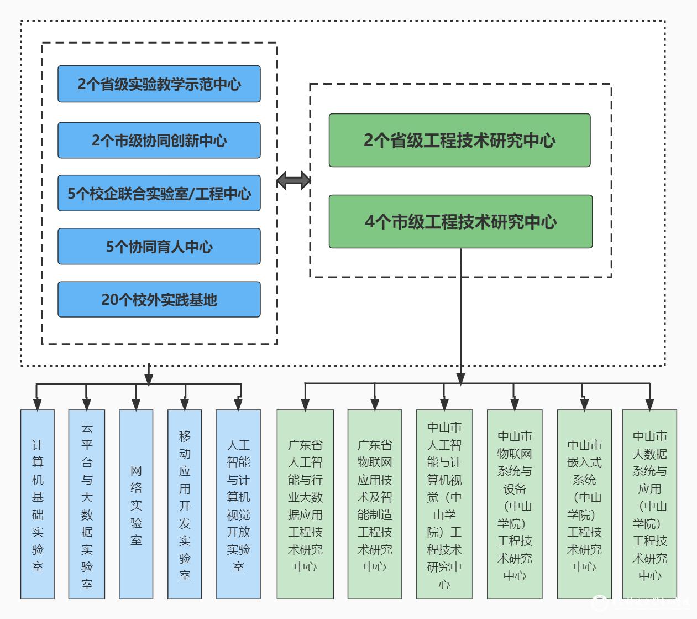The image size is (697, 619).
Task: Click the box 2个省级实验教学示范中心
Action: (x=159, y=84)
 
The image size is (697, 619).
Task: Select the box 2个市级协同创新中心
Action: (x=159, y=141)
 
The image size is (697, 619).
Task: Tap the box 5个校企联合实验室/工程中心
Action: (x=159, y=194)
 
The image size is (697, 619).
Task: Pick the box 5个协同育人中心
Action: (x=159, y=247)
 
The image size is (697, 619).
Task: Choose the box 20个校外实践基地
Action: (x=159, y=300)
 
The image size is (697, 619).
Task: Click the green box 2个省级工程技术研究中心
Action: (x=459, y=141)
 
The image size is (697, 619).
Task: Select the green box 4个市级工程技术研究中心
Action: (x=460, y=222)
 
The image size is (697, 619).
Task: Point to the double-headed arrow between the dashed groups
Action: (x=294, y=180)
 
